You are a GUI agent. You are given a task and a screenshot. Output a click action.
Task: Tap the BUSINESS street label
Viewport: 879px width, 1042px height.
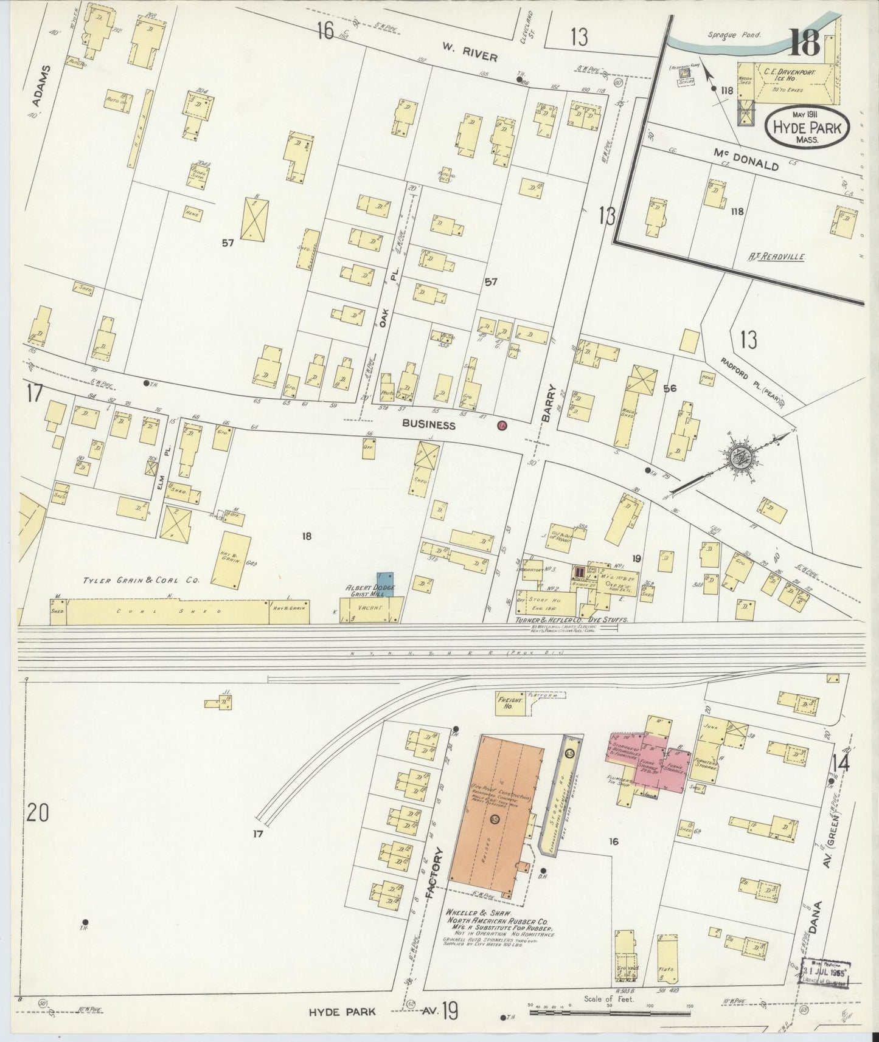tap(432, 425)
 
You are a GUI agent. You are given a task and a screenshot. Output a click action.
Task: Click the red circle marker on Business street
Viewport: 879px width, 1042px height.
tap(502, 426)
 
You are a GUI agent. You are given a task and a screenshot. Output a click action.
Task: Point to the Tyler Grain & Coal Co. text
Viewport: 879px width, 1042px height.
tap(141, 581)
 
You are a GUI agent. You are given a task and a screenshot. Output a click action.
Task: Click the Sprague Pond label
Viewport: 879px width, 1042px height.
tap(731, 35)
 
